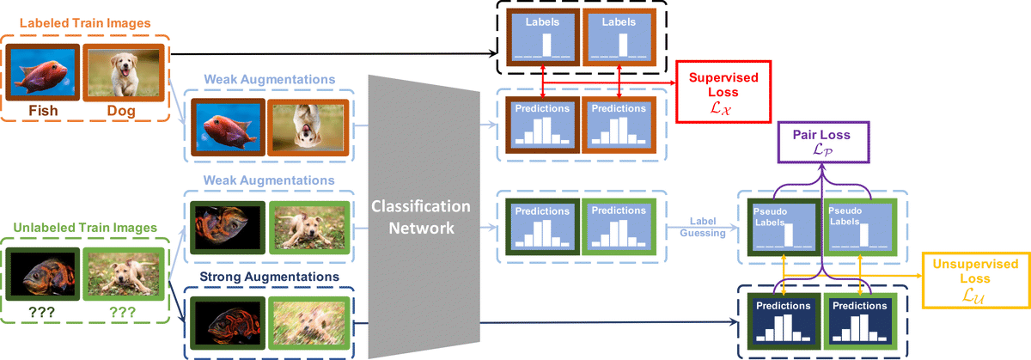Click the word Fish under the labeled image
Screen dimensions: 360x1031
(42, 110)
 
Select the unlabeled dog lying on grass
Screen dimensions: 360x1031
(123, 273)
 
